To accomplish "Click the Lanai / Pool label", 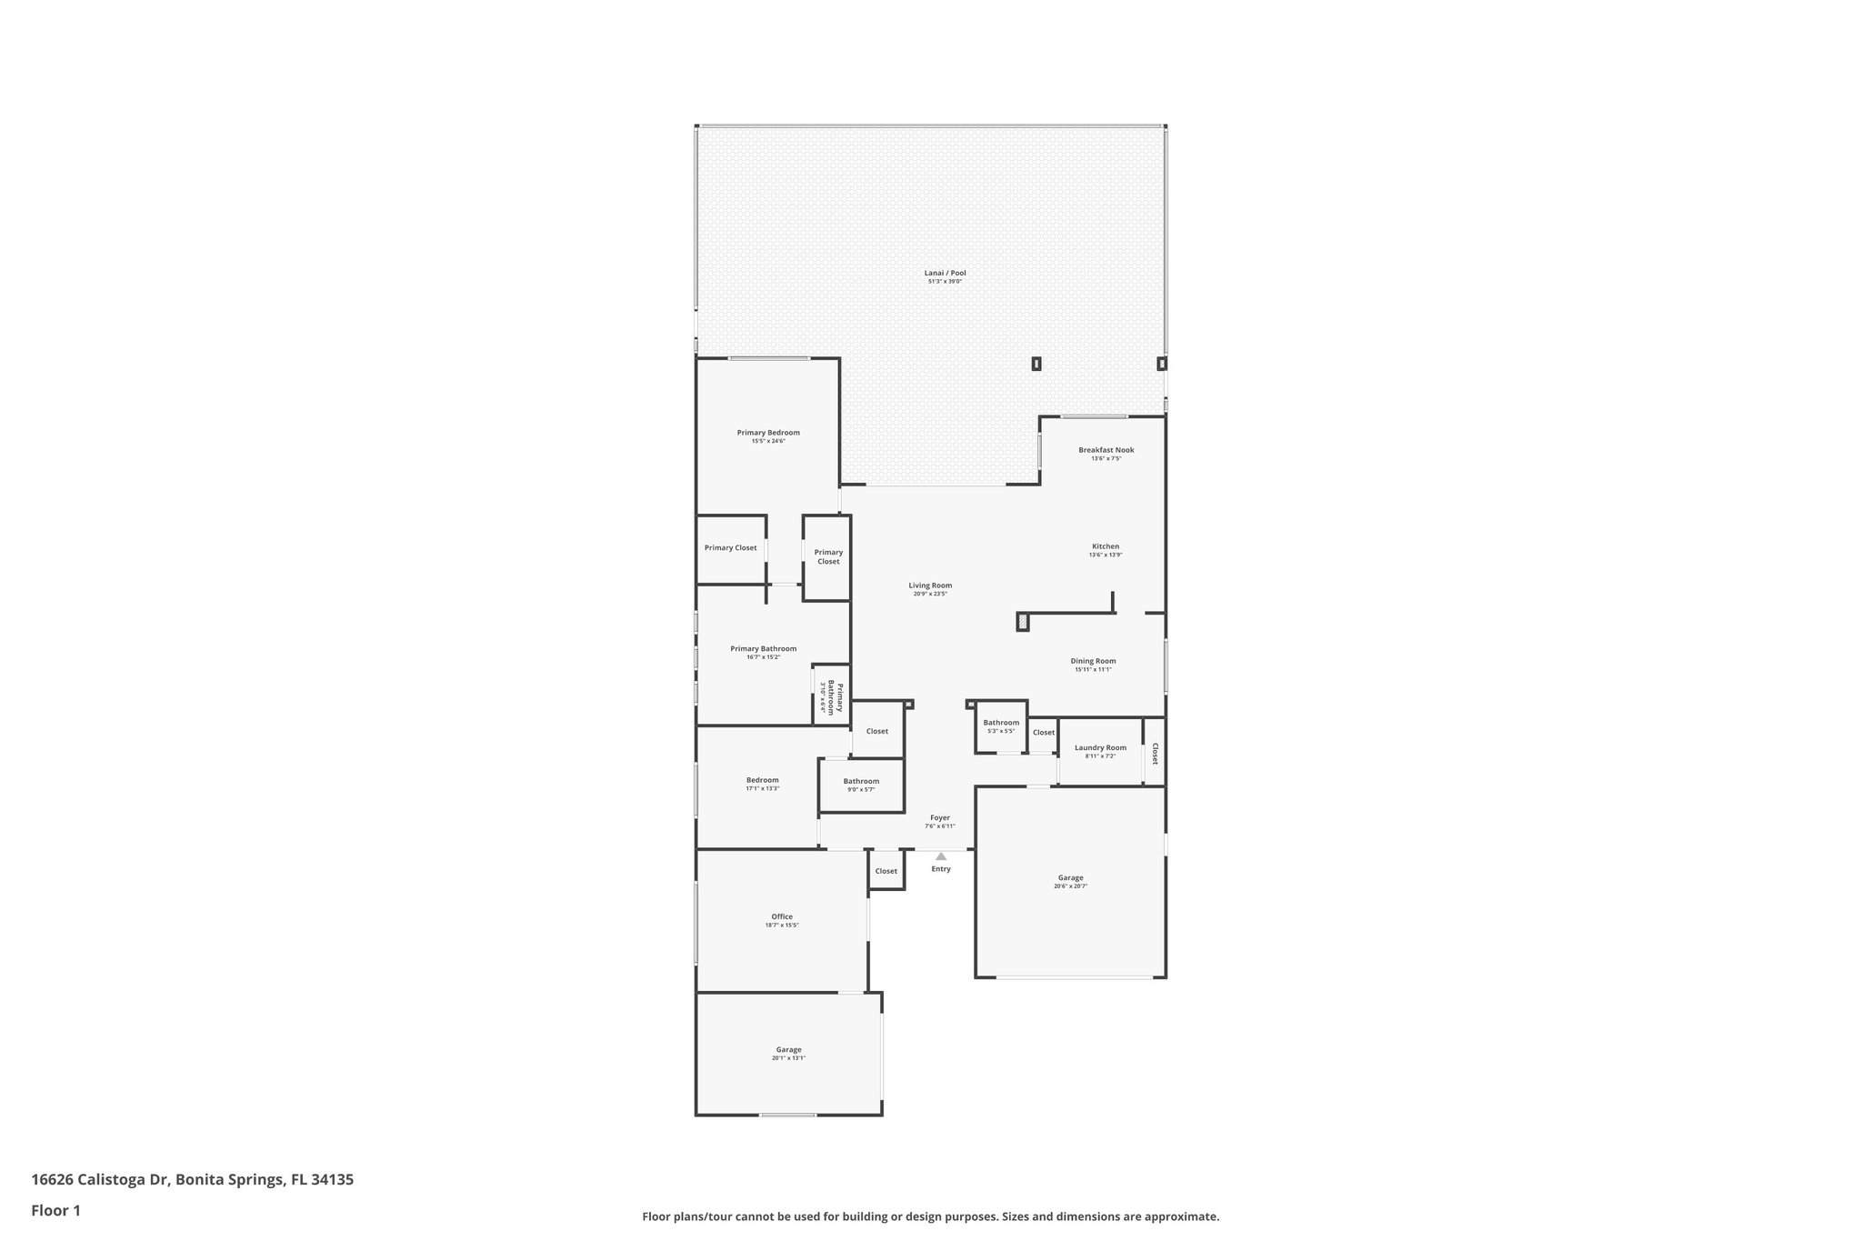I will [945, 273].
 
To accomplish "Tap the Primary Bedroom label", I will [768, 433].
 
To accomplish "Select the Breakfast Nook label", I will [1106, 450].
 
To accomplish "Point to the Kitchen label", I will [1106, 546].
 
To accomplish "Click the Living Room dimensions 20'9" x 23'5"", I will [930, 594].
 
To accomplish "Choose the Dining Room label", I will [1093, 661].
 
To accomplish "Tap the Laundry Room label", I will [1100, 747].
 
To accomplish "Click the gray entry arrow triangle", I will [941, 856].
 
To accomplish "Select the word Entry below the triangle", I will [941, 869].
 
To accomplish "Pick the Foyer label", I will [939, 817].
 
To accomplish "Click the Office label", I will [782, 916].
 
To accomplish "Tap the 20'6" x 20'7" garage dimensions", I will [1070, 886].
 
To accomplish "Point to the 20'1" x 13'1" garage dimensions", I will [788, 1057].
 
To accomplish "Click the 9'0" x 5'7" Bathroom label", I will [861, 781].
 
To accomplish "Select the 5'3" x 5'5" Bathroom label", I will [1001, 723].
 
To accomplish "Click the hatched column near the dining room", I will [1023, 622].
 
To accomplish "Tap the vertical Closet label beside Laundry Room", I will [1155, 753].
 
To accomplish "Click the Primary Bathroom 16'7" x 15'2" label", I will [763, 648].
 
